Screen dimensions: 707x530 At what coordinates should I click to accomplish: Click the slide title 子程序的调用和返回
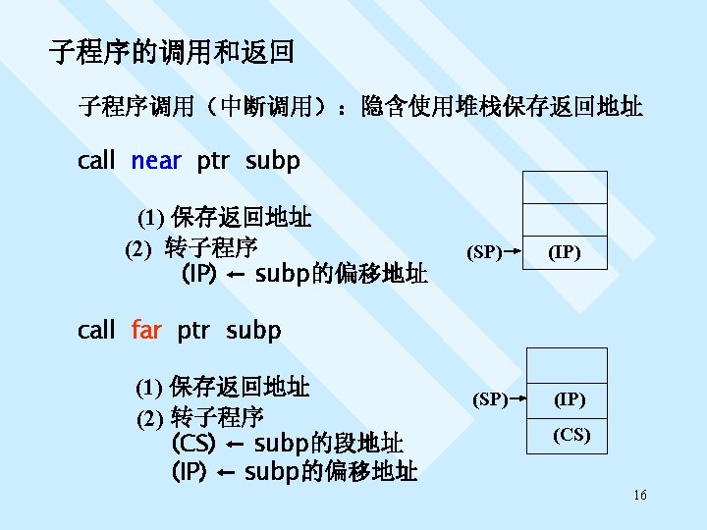(172, 51)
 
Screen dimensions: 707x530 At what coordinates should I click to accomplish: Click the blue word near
(156, 160)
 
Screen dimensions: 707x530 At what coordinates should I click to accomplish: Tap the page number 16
(639, 497)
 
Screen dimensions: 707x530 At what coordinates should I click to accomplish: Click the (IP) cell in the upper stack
(564, 253)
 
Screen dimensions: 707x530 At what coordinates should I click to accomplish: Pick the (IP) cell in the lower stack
(571, 399)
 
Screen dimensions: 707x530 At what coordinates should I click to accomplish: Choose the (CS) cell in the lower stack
(571, 435)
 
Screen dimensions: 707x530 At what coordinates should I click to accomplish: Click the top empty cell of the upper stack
(564, 186)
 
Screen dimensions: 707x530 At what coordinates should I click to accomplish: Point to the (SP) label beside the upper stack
(482, 253)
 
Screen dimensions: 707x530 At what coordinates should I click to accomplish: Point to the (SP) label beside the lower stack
(490, 399)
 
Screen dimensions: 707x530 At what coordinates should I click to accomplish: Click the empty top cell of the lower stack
(571, 365)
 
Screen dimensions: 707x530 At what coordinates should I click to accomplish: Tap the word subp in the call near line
(273, 160)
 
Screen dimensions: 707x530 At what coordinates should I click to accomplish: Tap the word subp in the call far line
(253, 330)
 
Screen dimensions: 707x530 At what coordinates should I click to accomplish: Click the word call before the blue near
(96, 160)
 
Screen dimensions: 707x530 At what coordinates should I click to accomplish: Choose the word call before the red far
(96, 330)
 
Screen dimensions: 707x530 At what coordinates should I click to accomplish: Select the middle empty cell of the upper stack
(564, 220)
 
